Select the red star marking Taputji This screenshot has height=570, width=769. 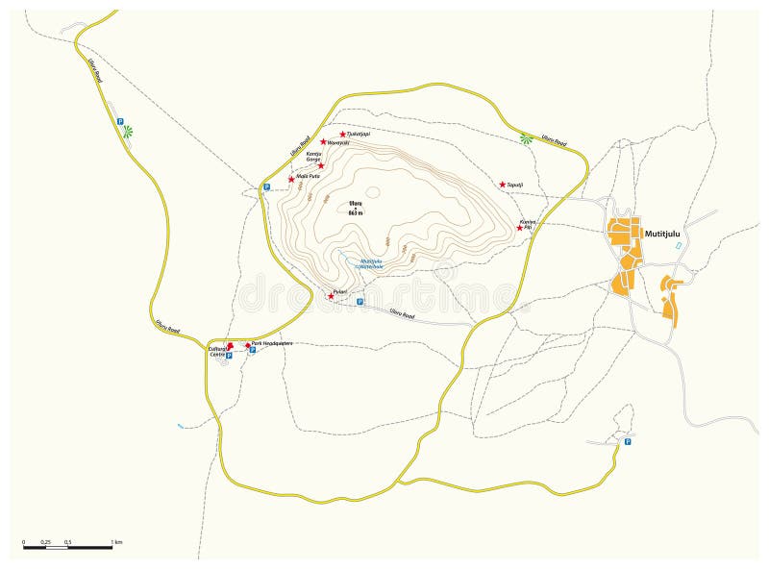coord(502,184)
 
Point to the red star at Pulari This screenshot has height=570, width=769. coord(332,295)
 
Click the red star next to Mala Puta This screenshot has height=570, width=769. coord(291,179)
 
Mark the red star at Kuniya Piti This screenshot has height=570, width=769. coord(520,228)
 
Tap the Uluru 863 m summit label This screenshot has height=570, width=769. coord(356,208)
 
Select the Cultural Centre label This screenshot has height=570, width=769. coord(219,350)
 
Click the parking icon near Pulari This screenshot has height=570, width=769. coord(360,301)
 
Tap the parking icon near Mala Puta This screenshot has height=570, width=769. coord(266,186)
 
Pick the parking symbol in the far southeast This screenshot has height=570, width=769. coord(627,442)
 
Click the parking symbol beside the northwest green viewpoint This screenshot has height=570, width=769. coord(120,122)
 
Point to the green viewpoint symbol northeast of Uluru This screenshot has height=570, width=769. coord(526,138)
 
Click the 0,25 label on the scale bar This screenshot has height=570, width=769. coord(46,543)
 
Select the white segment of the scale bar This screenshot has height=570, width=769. coord(57,549)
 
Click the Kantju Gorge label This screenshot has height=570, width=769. coord(313,157)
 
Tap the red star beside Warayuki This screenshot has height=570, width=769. coord(323,141)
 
